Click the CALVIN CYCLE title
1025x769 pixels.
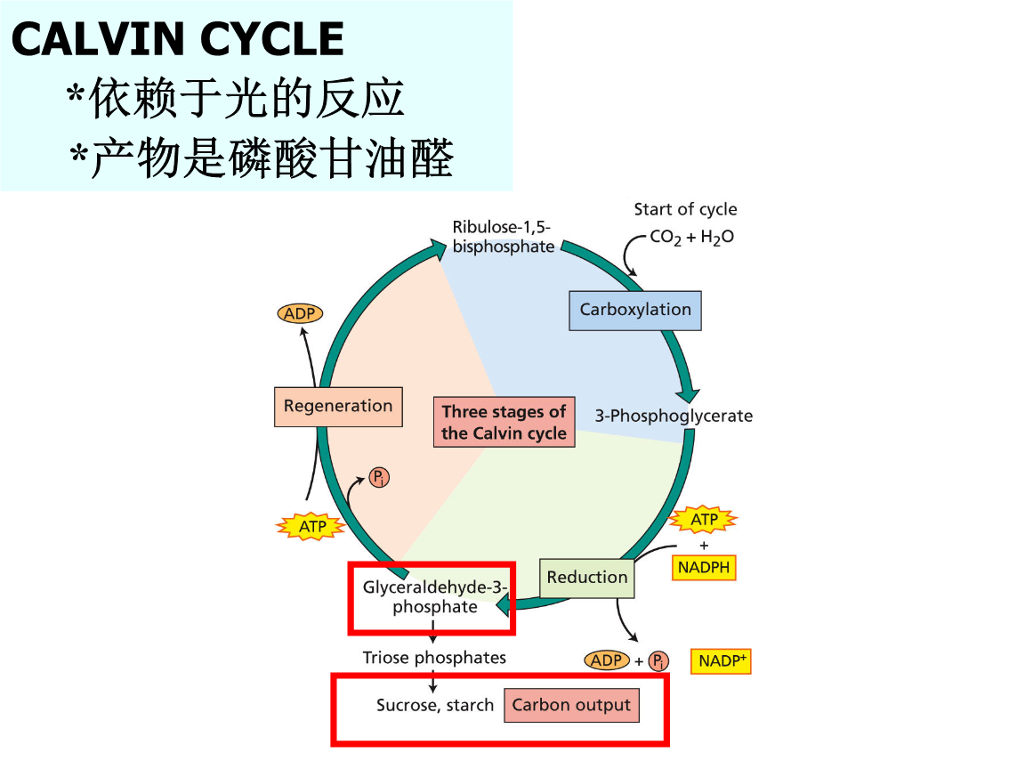tap(178, 40)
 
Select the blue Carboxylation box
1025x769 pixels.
tap(635, 311)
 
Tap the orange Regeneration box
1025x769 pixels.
tap(338, 407)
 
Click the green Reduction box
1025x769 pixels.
tap(587, 578)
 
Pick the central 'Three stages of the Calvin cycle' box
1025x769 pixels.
tap(504, 423)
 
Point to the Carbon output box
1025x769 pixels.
tap(571, 706)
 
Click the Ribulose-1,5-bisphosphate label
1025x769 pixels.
tap(503, 237)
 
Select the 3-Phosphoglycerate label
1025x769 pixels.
tap(674, 416)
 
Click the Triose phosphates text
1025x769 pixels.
tap(434, 658)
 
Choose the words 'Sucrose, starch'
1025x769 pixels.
tap(435, 706)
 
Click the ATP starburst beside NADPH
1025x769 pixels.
tap(704, 519)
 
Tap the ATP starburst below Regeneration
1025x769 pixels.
tap(312, 527)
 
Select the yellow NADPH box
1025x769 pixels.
tap(704, 567)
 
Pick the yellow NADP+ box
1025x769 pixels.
tap(721, 661)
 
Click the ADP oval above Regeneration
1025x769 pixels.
tap(300, 313)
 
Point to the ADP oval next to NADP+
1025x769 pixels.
tap(607, 661)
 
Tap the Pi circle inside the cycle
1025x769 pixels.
tap(379, 479)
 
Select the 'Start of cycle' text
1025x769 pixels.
tap(685, 210)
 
